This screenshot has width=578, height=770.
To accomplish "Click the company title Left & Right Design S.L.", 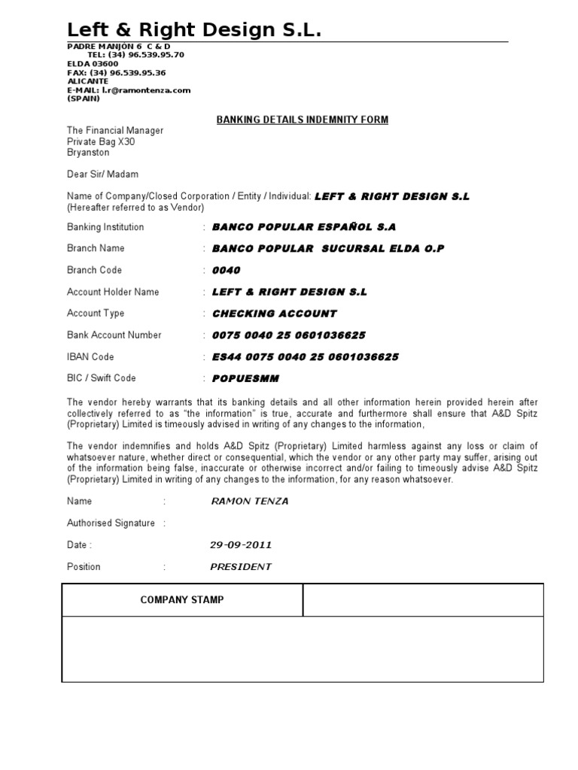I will tap(194, 30).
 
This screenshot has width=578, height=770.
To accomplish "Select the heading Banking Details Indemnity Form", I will tap(303, 120).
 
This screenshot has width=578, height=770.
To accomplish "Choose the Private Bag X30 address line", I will tap(101, 141).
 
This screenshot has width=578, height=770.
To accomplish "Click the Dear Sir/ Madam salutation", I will tap(102, 174).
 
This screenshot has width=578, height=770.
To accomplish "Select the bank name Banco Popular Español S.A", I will tap(304, 227).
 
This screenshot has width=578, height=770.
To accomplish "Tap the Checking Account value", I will tap(275, 314).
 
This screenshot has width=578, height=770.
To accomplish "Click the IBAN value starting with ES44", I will tap(306, 356).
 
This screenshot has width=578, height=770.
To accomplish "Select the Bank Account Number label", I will tap(114, 335).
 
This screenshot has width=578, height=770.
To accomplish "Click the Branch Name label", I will tap(96, 248).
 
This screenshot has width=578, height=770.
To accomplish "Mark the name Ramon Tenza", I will tap(251, 502).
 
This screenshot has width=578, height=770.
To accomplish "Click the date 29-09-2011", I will tap(241, 545).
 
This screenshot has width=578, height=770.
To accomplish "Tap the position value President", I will tap(241, 567).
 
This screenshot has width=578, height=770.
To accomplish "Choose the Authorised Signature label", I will tap(111, 523).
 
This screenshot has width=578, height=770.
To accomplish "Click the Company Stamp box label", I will tap(182, 600).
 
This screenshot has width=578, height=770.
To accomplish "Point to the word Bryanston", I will tap(88, 153).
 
